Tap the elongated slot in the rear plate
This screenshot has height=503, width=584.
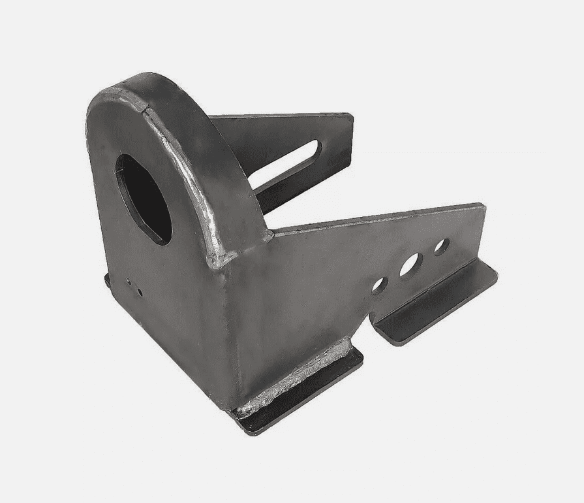[286, 165]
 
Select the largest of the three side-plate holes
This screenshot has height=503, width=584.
[411, 264]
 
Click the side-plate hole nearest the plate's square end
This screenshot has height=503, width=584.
[441, 246]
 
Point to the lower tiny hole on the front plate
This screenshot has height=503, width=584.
[140, 291]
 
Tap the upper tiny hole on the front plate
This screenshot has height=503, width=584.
[128, 283]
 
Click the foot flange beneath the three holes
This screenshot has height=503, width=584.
[437, 304]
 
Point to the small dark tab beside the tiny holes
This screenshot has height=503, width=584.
[107, 280]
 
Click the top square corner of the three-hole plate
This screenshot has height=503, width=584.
[483, 207]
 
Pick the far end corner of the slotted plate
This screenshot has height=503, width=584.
[351, 118]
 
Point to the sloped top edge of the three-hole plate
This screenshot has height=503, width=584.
[378, 218]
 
